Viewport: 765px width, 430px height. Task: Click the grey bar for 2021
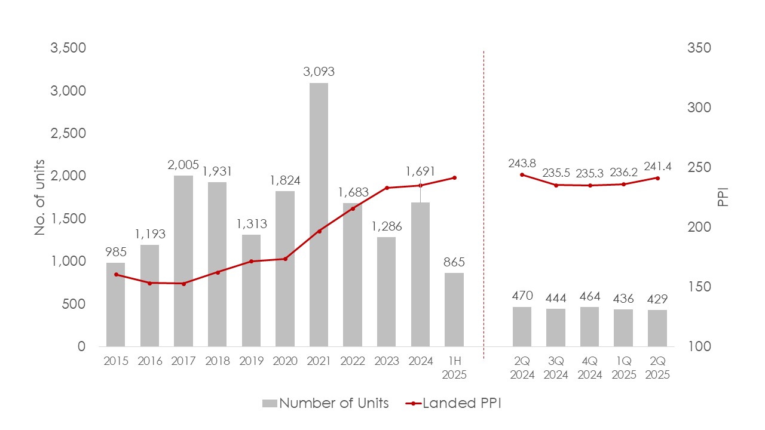click(x=319, y=215)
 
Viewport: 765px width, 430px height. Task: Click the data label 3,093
click(x=319, y=72)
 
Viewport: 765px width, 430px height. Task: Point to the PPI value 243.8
click(x=522, y=162)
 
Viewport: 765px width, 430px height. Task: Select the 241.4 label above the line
click(x=657, y=167)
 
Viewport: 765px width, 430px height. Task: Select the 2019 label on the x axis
click(x=251, y=362)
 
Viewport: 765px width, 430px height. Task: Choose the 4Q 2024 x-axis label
click(x=590, y=368)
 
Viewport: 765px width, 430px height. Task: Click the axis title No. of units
click(x=40, y=197)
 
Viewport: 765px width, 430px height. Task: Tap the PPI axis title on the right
click(x=723, y=197)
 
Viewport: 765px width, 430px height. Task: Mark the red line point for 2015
click(x=116, y=275)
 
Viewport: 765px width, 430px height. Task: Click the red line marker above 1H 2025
click(x=454, y=178)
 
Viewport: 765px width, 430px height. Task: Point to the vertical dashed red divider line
click(x=483, y=197)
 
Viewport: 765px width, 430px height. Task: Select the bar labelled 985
click(x=116, y=305)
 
